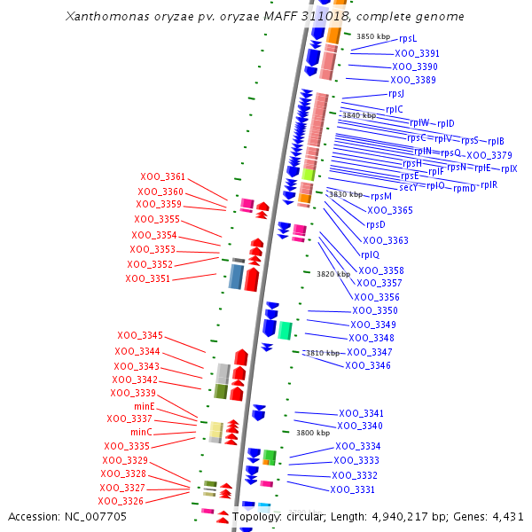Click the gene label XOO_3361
pos(162,176)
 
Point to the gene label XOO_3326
pos(121,501)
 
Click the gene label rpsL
pos(408,38)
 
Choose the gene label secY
pos(408,187)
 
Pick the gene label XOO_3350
pos(375,310)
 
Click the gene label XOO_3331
pos(353,489)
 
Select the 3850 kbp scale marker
pos(373,36)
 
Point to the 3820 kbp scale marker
pos(334,274)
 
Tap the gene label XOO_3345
pos(140,335)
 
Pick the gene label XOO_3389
pos(413,80)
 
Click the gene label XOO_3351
pos(147,278)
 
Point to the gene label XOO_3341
pos(361,413)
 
